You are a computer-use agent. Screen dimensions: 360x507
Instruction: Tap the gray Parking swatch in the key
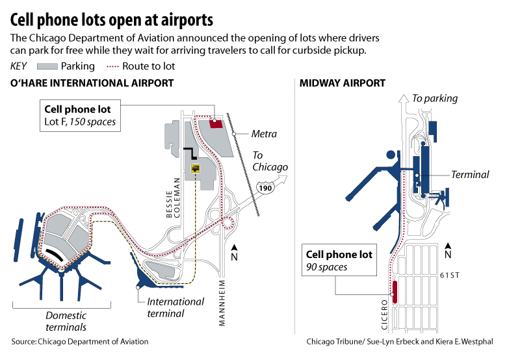click(47, 66)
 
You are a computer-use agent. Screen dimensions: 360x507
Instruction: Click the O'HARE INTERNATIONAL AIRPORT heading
click(92, 83)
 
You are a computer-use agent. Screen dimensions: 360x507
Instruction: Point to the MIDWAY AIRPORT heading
click(342, 83)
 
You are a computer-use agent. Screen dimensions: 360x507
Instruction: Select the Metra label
click(264, 135)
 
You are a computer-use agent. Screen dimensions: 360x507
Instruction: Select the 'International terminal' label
click(175, 307)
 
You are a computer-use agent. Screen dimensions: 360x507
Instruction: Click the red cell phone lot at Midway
click(395, 293)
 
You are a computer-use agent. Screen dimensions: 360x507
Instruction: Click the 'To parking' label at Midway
click(435, 98)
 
